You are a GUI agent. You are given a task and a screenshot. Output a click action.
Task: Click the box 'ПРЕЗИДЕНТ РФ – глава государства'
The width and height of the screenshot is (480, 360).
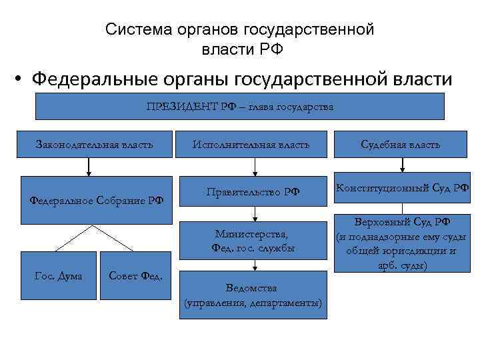239,107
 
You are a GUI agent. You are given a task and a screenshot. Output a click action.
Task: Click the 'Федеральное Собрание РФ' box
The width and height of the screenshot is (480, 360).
97,199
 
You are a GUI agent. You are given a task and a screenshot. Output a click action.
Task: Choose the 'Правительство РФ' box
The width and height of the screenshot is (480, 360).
253,193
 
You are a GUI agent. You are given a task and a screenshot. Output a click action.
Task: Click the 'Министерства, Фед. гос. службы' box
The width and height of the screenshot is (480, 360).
253,241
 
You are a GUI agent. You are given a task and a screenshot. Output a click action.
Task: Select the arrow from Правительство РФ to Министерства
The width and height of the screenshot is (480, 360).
255,215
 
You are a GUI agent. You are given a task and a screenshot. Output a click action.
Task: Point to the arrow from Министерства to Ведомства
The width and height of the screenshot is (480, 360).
253,264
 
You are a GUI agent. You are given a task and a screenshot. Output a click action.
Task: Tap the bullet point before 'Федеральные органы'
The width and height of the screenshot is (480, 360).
21,81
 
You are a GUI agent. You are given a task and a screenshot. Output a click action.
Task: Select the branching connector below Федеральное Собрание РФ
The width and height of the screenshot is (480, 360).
93,236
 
